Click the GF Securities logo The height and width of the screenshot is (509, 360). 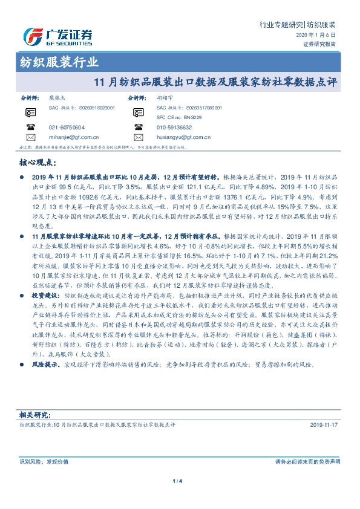57,37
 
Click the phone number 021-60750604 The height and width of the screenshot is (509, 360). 67,128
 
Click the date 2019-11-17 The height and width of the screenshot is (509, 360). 325,426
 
